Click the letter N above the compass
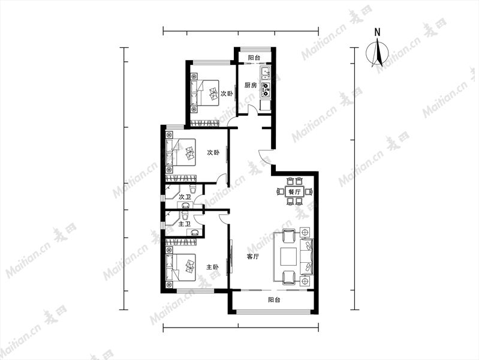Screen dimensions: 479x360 click(378, 32)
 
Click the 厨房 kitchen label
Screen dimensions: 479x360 click(251, 85)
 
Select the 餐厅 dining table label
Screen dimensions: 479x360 click(294, 193)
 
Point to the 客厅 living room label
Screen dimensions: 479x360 click(253, 257)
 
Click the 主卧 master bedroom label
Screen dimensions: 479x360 click(213, 267)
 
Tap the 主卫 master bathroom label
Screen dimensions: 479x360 click(185, 224)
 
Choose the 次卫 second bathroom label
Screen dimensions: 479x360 click(185, 197)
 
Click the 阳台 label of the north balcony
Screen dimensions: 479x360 click(254, 58)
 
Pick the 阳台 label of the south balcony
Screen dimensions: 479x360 click(275, 300)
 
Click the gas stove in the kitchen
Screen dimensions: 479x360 click(266, 88)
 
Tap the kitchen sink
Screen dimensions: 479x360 click(266, 73)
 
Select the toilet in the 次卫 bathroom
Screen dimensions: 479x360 click(192, 187)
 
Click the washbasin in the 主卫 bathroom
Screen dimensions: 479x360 click(194, 232)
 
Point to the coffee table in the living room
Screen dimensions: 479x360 click(289, 256)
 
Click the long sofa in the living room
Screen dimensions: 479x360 click(307, 257)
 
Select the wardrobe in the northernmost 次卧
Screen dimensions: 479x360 click(204, 123)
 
